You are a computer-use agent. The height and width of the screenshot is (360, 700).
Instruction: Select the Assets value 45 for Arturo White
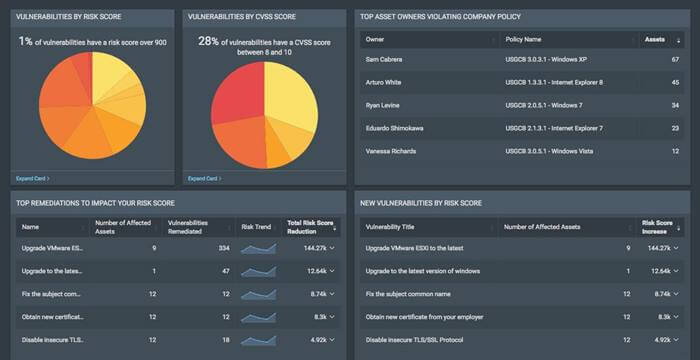point(675,82)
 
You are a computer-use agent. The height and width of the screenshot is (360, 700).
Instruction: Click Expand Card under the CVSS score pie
point(206,178)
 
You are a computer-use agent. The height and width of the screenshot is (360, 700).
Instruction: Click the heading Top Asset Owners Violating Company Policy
point(440,16)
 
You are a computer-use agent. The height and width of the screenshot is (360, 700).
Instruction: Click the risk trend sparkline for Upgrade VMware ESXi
point(259,247)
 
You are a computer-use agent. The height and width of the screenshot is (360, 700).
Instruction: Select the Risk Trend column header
point(257,226)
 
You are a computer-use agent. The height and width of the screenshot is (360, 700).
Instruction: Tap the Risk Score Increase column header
point(657,226)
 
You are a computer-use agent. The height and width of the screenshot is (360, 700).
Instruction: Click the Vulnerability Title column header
point(397,226)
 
